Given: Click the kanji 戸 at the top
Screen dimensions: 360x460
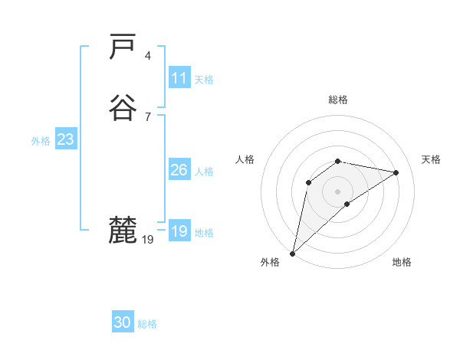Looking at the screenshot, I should (x=123, y=47).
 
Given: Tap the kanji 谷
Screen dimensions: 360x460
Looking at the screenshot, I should (x=123, y=108).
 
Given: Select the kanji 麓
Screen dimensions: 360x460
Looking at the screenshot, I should (x=123, y=230).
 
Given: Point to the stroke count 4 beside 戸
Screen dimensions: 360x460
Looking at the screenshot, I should (x=147, y=55).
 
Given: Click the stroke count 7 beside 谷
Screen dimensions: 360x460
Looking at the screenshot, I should (x=147, y=116).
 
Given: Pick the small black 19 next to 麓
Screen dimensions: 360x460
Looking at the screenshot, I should (x=148, y=240).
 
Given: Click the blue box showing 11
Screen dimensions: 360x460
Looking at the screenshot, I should (x=179, y=78).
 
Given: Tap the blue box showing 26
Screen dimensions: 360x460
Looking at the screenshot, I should (x=179, y=170).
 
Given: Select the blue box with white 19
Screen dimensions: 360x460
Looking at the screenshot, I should (x=179, y=231).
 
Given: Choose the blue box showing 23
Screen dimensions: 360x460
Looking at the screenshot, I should (x=65, y=139).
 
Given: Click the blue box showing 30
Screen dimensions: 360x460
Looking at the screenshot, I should (x=123, y=322).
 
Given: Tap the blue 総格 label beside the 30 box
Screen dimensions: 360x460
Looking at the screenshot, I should (x=148, y=324).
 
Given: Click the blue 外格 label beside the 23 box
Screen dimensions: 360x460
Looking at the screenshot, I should (x=41, y=141).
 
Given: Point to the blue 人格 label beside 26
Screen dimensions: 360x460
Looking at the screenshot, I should (x=205, y=172).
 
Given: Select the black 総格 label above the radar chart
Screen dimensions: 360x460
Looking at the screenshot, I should (x=338, y=100).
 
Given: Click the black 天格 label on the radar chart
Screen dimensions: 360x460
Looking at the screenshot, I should (x=431, y=159).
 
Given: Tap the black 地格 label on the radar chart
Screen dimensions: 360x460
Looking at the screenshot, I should (x=402, y=262).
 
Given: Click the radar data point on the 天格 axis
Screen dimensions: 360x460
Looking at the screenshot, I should (x=396, y=172).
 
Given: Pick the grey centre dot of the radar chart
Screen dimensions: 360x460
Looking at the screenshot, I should (x=338, y=191).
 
